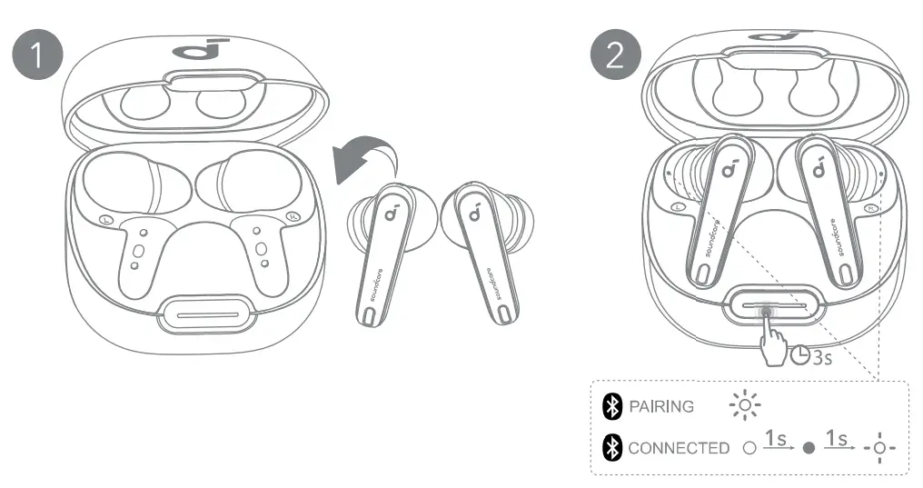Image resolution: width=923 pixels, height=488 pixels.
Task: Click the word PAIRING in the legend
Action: (x=661, y=406)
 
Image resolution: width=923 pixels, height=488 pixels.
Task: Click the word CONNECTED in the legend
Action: (x=678, y=448)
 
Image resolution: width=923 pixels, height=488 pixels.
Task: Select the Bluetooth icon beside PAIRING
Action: (x=613, y=406)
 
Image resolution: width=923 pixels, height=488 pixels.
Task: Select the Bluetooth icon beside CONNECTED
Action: (x=613, y=448)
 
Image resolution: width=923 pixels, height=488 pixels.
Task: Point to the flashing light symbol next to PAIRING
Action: (x=745, y=405)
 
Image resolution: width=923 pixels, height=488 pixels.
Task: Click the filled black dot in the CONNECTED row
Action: (x=808, y=448)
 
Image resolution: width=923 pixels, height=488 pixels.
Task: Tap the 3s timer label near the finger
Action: (x=811, y=355)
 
